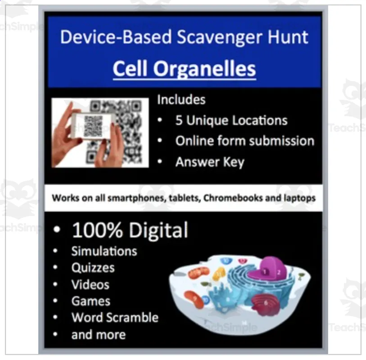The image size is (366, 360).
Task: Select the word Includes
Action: click(x=181, y=99)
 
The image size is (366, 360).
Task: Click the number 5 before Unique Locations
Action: click(x=179, y=121)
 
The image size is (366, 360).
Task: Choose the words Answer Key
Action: click(x=209, y=162)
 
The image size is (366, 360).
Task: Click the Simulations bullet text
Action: click(x=104, y=251)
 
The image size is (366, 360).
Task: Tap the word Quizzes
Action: click(x=93, y=268)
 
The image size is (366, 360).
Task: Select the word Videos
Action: click(x=90, y=284)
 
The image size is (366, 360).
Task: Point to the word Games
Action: click(x=90, y=301)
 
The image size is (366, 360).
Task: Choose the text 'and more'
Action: click(x=98, y=334)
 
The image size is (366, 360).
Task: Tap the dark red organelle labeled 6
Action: click(x=265, y=302)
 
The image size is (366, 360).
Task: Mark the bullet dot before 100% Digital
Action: click(x=57, y=230)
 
